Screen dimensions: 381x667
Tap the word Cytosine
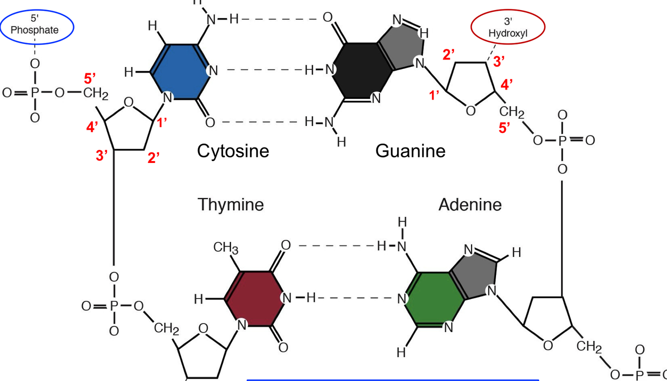click(233, 150)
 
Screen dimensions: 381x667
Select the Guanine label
click(410, 150)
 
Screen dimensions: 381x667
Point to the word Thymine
click(230, 204)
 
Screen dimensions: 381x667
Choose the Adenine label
click(469, 204)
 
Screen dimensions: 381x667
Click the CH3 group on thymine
click(225, 247)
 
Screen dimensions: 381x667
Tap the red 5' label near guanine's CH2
click(504, 128)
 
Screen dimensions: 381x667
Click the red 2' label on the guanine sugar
click(448, 55)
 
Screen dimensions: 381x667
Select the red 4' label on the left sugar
click(92, 127)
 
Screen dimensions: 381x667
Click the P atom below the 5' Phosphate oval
click(35, 93)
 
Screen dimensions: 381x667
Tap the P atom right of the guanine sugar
click(562, 140)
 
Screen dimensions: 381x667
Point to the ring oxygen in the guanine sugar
click(470, 111)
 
